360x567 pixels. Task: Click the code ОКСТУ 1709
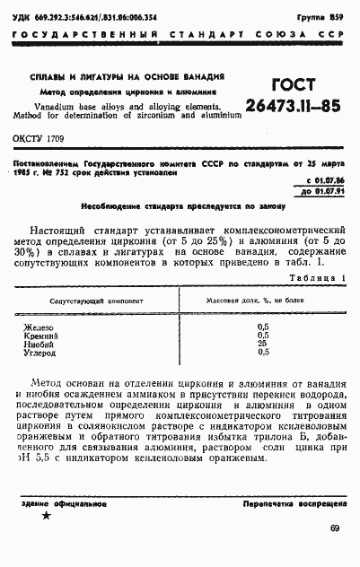pos(38,139)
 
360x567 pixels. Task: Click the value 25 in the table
pos(262,343)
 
